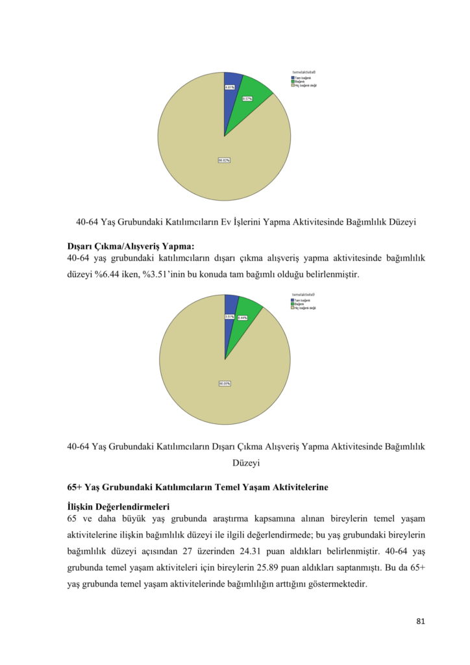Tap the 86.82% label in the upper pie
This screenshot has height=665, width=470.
point(224,160)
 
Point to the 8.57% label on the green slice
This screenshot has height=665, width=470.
point(247,99)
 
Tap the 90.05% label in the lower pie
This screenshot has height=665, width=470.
point(225,383)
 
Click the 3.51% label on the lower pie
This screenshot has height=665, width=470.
point(229,317)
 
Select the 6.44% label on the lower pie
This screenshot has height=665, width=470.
point(242,318)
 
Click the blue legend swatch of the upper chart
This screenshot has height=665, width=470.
point(293,77)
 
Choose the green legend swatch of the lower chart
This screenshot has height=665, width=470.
point(293,304)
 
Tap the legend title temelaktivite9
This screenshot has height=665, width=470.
point(304,295)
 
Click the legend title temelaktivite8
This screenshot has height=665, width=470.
point(304,72)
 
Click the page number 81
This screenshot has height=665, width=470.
point(420,621)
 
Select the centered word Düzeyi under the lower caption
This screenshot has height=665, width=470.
point(246,463)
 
